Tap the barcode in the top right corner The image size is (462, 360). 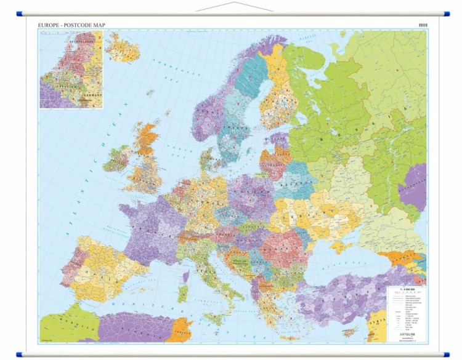(x=423, y=25)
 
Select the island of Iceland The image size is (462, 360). (x=121, y=46)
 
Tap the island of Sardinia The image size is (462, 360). (x=184, y=292)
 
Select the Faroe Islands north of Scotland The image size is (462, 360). (x=149, y=93)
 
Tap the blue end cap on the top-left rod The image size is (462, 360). (x=20, y=13)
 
